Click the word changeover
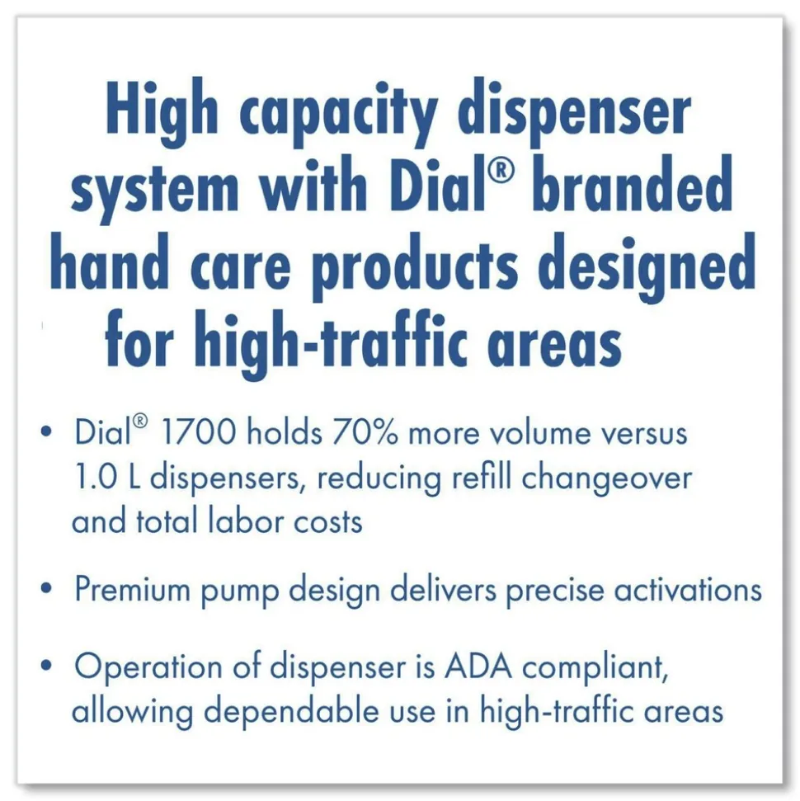coord(607,478)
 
